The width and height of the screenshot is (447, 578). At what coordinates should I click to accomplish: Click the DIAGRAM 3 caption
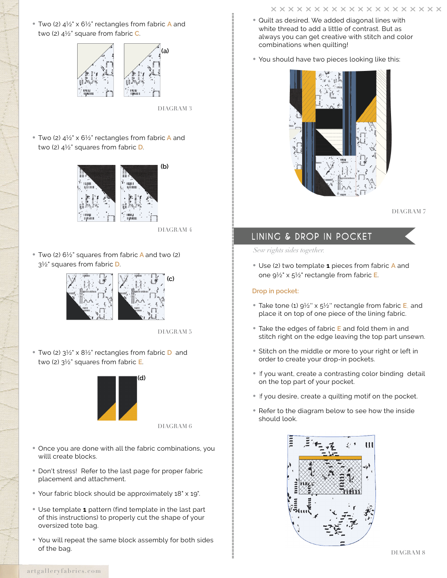[175, 109]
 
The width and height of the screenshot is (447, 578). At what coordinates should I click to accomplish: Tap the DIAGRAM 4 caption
[175, 230]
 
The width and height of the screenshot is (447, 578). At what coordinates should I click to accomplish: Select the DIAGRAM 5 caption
[175, 332]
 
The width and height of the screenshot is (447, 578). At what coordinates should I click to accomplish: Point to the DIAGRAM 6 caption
[175, 426]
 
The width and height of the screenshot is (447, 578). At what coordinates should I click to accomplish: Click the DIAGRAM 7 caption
[408, 211]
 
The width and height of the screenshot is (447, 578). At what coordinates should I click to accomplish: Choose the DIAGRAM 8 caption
[408, 553]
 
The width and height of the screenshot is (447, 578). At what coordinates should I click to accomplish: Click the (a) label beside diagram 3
[165, 51]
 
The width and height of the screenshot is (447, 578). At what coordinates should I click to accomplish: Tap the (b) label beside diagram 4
[164, 166]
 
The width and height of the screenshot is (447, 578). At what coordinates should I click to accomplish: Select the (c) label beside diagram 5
[170, 279]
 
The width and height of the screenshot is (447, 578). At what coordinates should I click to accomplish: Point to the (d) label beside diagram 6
[142, 377]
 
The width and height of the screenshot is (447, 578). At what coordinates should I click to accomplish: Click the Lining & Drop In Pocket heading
[311, 236]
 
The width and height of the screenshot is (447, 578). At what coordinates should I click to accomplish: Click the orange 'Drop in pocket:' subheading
[275, 291]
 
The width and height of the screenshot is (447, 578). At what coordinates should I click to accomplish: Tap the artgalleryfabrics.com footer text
[61, 571]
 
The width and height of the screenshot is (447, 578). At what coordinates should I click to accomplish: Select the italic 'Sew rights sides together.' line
[288, 250]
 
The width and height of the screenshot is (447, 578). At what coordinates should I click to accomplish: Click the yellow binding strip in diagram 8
[330, 457]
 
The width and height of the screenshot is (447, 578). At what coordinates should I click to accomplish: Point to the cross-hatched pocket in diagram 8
[330, 476]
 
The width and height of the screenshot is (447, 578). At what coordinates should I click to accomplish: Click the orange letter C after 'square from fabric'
[137, 33]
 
